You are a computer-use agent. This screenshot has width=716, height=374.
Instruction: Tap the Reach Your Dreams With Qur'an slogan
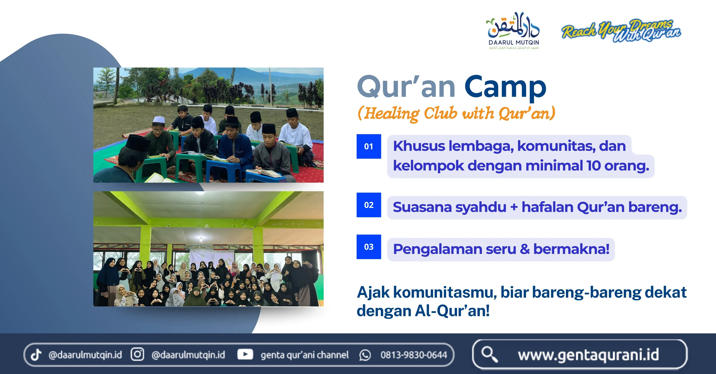point(621,31)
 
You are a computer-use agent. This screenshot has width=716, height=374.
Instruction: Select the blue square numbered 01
point(369,146)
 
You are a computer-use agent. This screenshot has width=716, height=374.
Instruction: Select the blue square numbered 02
point(369,205)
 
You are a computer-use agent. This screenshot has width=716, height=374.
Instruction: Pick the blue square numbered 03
point(369,247)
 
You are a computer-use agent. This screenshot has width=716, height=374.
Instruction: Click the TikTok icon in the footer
point(36,355)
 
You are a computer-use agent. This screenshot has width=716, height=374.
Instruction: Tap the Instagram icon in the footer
point(137,355)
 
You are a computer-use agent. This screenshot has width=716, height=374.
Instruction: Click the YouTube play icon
point(245,355)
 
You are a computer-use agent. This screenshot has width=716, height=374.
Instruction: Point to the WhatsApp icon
point(365,355)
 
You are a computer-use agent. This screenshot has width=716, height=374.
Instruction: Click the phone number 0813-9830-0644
point(414,355)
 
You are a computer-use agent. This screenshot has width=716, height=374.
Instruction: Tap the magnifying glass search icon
point(489,354)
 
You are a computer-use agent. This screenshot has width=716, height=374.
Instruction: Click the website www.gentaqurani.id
point(588,355)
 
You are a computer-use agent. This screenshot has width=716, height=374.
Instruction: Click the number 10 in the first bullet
point(594,166)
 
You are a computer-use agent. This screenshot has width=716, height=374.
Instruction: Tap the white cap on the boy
point(159,120)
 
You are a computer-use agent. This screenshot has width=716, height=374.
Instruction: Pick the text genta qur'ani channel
point(304,355)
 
